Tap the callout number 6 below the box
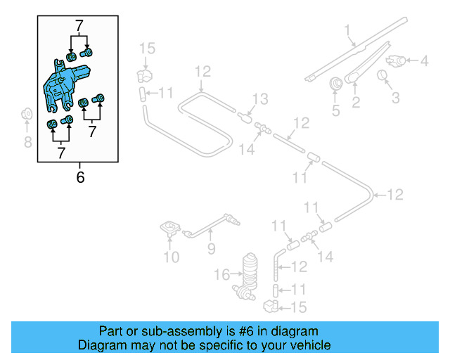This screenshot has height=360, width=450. (80, 177)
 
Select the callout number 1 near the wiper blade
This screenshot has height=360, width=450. (347, 30)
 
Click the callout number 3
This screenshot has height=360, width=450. (395, 96)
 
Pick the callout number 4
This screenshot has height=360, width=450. (424, 61)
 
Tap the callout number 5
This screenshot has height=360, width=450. (335, 110)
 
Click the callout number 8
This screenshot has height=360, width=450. (27, 143)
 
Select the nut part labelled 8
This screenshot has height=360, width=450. (27, 114)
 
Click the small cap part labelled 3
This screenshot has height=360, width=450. (384, 75)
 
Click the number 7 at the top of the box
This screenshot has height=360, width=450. (79, 26)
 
